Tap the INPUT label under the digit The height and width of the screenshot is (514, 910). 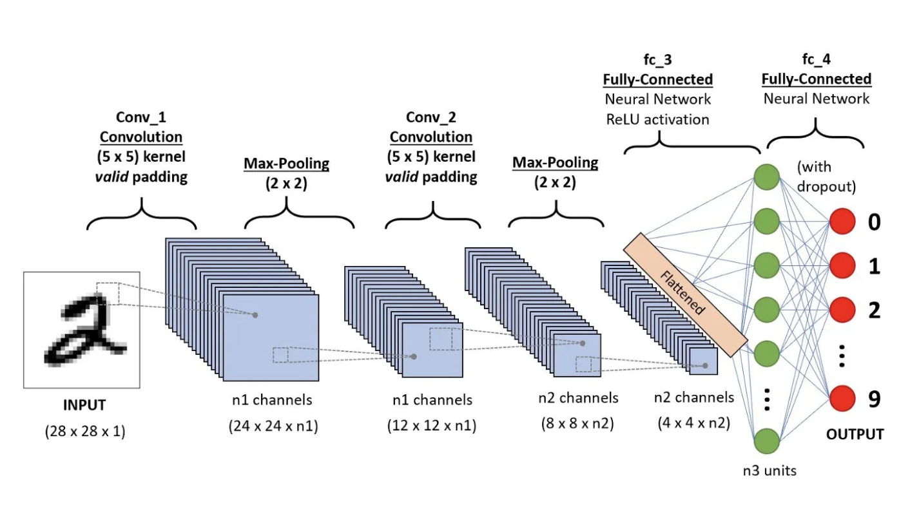point(84,406)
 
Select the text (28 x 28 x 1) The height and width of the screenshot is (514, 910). point(84,432)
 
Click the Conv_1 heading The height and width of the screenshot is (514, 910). point(141,117)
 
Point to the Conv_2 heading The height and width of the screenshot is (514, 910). point(431,117)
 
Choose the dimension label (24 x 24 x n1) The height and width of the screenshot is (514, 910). point(273,426)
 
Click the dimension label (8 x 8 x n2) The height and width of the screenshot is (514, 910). point(577,423)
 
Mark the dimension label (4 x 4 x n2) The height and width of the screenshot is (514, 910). point(693,423)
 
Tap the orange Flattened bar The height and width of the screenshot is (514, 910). point(686,294)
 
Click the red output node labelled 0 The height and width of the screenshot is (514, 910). point(845,222)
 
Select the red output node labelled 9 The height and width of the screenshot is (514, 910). point(845,399)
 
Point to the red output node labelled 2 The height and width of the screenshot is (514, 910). point(845,310)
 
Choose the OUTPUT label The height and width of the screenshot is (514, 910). point(855,434)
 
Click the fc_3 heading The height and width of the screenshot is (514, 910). point(658,60)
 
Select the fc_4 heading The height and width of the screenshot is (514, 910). point(816,60)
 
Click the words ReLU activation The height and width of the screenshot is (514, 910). point(658,119)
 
